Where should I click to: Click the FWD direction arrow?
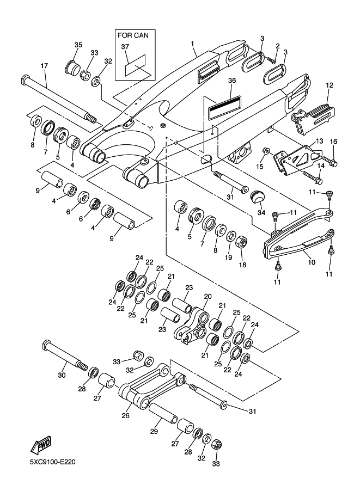pyautogui.click(x=41, y=446)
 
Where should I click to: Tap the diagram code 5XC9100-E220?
pyautogui.click(x=52, y=464)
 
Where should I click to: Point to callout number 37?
pyautogui.click(x=125, y=47)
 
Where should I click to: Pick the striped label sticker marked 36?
pyautogui.click(x=223, y=107)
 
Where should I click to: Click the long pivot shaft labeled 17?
pyautogui.click(x=57, y=98)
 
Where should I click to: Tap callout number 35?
pyautogui.click(x=78, y=45)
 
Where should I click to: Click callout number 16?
pyautogui.click(x=333, y=142)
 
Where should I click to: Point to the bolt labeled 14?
pyautogui.click(x=312, y=176)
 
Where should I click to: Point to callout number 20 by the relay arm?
pyautogui.click(x=207, y=297)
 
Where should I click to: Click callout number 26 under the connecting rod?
pyautogui.click(x=126, y=416)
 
